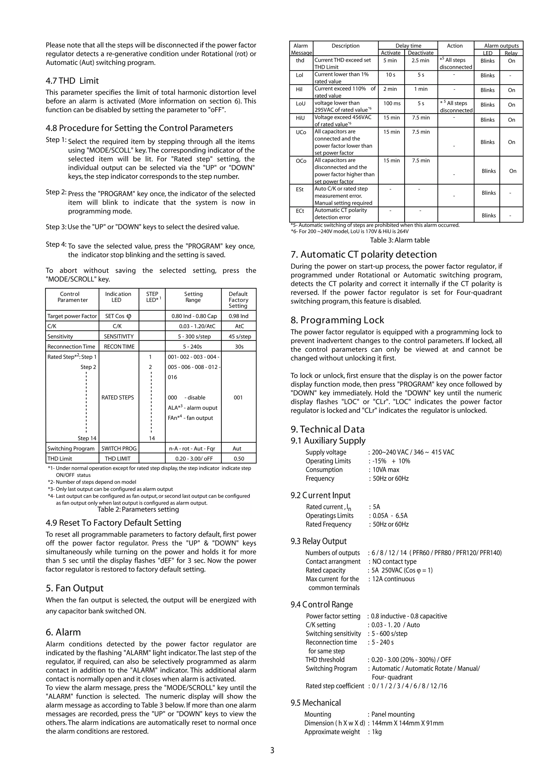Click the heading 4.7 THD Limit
point(72,81)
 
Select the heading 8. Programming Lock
point(337,320)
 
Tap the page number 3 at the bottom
point(272,750)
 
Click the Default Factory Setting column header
point(238,300)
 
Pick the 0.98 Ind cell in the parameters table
point(238,316)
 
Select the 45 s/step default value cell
point(238,336)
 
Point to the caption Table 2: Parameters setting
point(138,509)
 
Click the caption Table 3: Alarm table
point(400,240)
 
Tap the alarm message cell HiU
point(300,118)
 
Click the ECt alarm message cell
point(300,211)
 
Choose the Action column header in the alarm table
point(455,46)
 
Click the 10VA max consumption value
point(386,470)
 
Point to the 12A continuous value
point(393,579)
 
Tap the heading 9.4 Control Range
point(322,604)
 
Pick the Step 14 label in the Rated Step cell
point(87,438)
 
